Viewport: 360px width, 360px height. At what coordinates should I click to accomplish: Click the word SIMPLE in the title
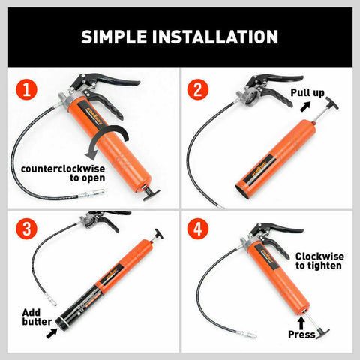(x=115, y=37)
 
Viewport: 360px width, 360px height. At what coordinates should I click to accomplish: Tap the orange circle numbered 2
(x=199, y=90)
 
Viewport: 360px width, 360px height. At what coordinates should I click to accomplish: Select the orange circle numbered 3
(x=27, y=229)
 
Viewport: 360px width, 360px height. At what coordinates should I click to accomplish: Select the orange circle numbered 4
(x=199, y=229)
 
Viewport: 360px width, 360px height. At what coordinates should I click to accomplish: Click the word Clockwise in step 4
(x=318, y=255)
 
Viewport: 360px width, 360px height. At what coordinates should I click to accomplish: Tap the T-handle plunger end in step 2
(x=329, y=100)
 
